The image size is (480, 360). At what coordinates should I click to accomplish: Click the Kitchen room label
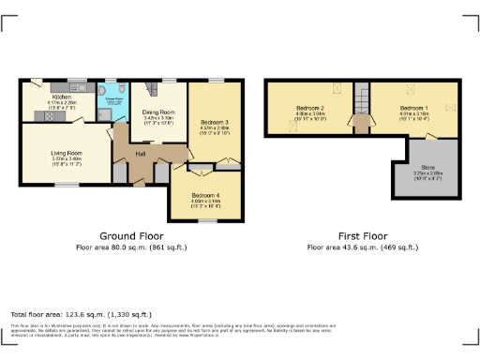(62, 97)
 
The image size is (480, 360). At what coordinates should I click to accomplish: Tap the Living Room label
(67, 152)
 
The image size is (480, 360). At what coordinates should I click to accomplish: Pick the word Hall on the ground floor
(141, 154)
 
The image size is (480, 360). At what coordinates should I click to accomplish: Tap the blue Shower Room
(109, 101)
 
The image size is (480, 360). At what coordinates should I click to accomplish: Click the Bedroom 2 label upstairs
(309, 109)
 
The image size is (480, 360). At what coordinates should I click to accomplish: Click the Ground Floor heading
(131, 236)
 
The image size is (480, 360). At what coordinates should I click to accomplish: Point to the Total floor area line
(71, 313)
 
